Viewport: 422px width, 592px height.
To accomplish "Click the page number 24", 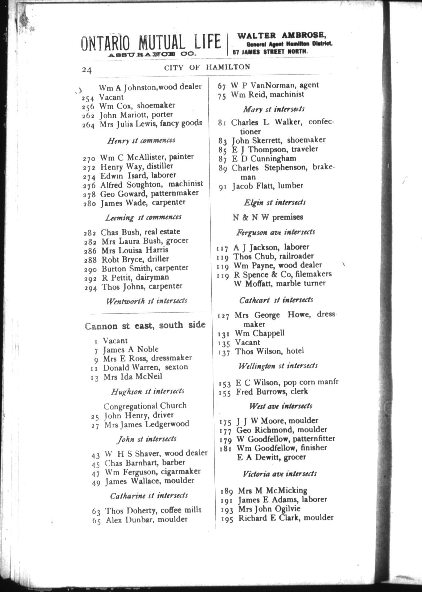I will (87, 70).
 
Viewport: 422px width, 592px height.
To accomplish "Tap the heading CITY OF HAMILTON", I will (207, 67).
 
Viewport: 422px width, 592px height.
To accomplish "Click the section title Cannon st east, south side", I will (145, 325).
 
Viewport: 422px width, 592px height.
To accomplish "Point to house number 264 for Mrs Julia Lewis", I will (88, 125).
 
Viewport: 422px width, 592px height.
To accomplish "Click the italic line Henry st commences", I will (141, 141).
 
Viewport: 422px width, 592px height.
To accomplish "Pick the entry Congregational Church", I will (145, 406).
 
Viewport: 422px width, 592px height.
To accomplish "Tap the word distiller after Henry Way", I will (160, 166).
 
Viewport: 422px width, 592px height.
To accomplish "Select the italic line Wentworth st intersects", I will (146, 301).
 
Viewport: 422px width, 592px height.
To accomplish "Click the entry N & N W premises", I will (268, 217).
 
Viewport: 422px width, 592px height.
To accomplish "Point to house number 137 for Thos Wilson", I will (224, 353).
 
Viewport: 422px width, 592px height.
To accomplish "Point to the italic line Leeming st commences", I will (143, 217).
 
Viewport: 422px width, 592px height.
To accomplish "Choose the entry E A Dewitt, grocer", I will (271, 457).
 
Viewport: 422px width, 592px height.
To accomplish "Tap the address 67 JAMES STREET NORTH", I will (270, 52).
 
